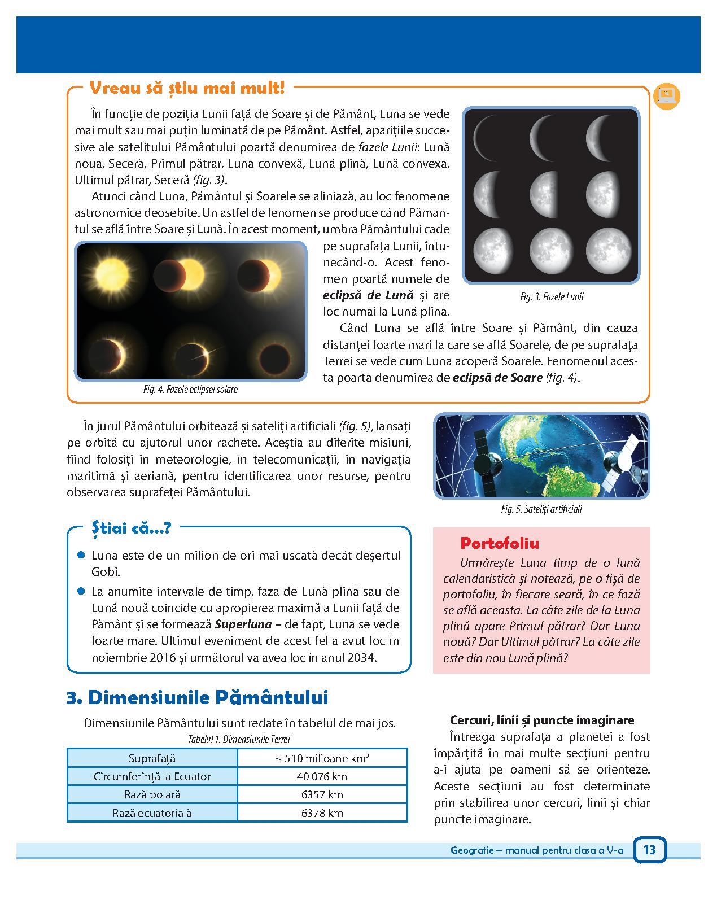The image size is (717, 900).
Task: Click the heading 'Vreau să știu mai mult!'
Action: click(x=187, y=89)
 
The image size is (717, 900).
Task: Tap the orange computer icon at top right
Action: click(x=666, y=96)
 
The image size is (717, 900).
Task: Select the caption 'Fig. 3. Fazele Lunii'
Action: click(x=552, y=296)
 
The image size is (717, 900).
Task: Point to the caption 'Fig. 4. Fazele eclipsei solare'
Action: click(x=190, y=390)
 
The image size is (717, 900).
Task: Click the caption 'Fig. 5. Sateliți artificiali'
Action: click(x=541, y=509)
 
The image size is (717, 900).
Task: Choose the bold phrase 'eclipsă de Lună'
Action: click(x=368, y=295)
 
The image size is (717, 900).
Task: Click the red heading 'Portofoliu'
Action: click(x=500, y=543)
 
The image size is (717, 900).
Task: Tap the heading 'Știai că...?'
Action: click(x=131, y=528)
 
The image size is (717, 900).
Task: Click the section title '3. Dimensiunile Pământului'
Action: click(x=197, y=698)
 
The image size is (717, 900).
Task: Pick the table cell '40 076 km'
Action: click(x=322, y=776)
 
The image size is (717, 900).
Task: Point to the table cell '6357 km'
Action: click(x=322, y=794)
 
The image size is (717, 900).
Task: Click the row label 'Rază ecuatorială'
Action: click(x=152, y=813)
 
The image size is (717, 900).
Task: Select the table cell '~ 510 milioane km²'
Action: click(x=322, y=758)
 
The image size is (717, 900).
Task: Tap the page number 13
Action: click(x=649, y=849)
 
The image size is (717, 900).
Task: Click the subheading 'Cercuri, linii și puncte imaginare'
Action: click(x=542, y=720)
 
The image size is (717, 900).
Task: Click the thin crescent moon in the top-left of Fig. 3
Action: click(x=489, y=138)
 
